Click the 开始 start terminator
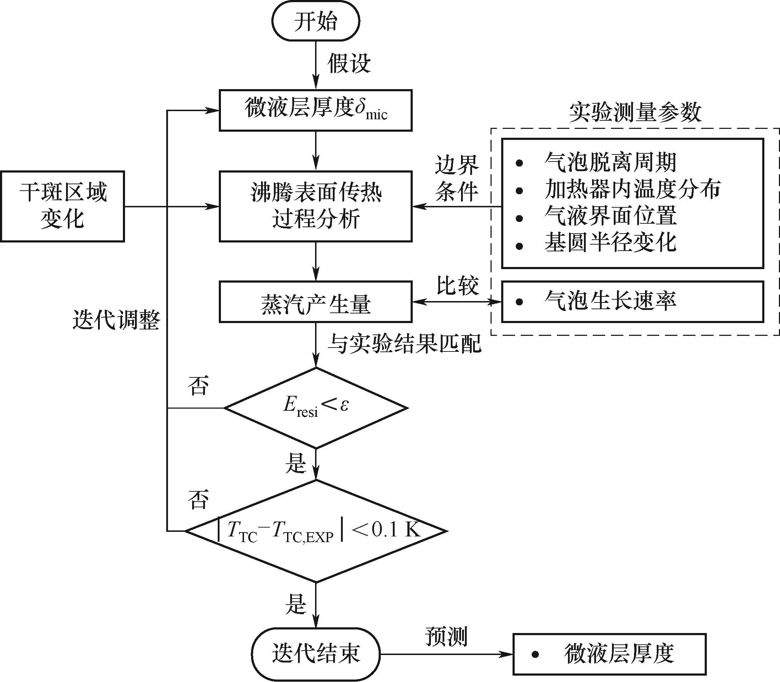(315, 21)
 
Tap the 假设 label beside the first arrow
(349, 63)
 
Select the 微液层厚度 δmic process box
(315, 110)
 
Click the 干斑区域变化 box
(63, 206)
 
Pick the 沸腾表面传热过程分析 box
(315, 206)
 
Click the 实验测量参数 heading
(635, 113)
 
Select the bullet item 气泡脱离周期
(610, 163)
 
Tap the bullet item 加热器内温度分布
(632, 189)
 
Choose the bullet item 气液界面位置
(610, 216)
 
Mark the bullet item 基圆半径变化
(610, 242)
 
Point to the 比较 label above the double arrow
(457, 285)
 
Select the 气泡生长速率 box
(632, 302)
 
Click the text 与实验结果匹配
(404, 344)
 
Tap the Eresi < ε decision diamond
(315, 408)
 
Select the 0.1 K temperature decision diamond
(315, 530)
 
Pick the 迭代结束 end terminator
(315, 654)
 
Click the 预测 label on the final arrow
(446, 636)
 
